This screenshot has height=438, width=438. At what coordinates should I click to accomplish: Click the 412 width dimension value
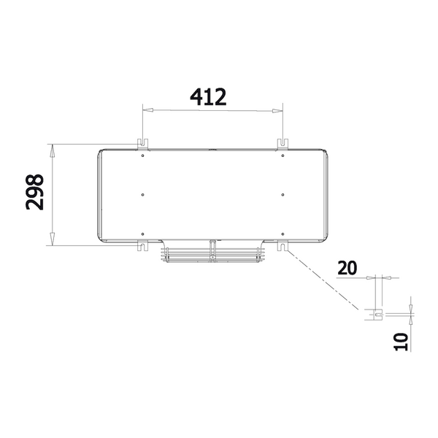208,96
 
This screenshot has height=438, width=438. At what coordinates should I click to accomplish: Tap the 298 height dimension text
34,191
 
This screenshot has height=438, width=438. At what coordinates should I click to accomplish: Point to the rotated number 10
399,341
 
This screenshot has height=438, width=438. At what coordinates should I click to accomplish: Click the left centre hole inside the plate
142,194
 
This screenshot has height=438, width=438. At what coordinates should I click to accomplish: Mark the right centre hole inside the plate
283,194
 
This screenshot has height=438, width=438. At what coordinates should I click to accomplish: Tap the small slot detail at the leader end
377,314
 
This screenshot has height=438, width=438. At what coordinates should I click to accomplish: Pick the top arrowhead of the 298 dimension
52,150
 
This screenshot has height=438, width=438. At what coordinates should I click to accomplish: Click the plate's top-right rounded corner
324,153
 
